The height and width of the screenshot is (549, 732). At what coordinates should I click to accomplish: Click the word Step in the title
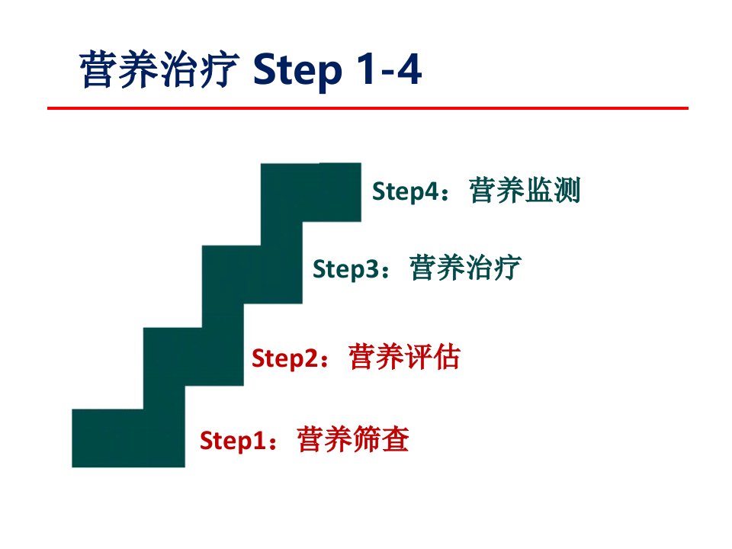point(297,70)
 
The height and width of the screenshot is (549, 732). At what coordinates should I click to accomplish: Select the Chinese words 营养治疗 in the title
point(159,69)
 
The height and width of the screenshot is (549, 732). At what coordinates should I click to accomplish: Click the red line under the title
point(368,108)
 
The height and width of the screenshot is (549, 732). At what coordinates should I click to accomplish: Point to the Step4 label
point(405,191)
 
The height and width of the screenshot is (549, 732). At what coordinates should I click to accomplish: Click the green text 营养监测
point(525,190)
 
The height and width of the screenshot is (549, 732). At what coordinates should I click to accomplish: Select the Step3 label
point(346,269)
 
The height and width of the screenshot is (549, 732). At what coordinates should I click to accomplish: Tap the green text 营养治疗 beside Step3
point(465,268)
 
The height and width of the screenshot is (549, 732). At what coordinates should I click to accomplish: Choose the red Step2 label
point(285,358)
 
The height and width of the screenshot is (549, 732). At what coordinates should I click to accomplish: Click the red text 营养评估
point(404,357)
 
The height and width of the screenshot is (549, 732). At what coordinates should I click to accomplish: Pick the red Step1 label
point(233,440)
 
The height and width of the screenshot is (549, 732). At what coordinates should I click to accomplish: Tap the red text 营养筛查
point(353,439)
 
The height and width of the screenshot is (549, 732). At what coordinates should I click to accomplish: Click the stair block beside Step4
point(311,192)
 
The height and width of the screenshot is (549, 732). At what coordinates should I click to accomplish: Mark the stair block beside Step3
point(252,274)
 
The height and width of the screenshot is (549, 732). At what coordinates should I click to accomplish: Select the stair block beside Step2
point(193,357)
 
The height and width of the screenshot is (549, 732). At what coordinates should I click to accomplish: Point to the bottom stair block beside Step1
point(128,438)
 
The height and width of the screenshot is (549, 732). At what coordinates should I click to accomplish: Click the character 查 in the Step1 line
point(396,439)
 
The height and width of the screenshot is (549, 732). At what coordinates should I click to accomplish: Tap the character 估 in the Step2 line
point(447,357)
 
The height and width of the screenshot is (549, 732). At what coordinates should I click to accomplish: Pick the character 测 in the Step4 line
point(567,190)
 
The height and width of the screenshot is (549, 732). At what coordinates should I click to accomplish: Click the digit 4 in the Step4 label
point(432,191)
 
